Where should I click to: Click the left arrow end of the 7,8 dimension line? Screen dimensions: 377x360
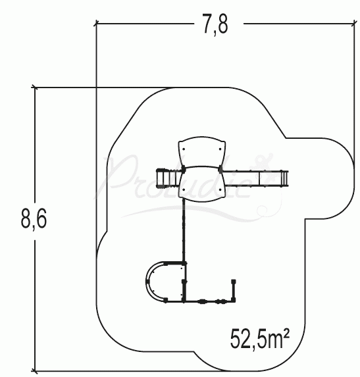[97, 24]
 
